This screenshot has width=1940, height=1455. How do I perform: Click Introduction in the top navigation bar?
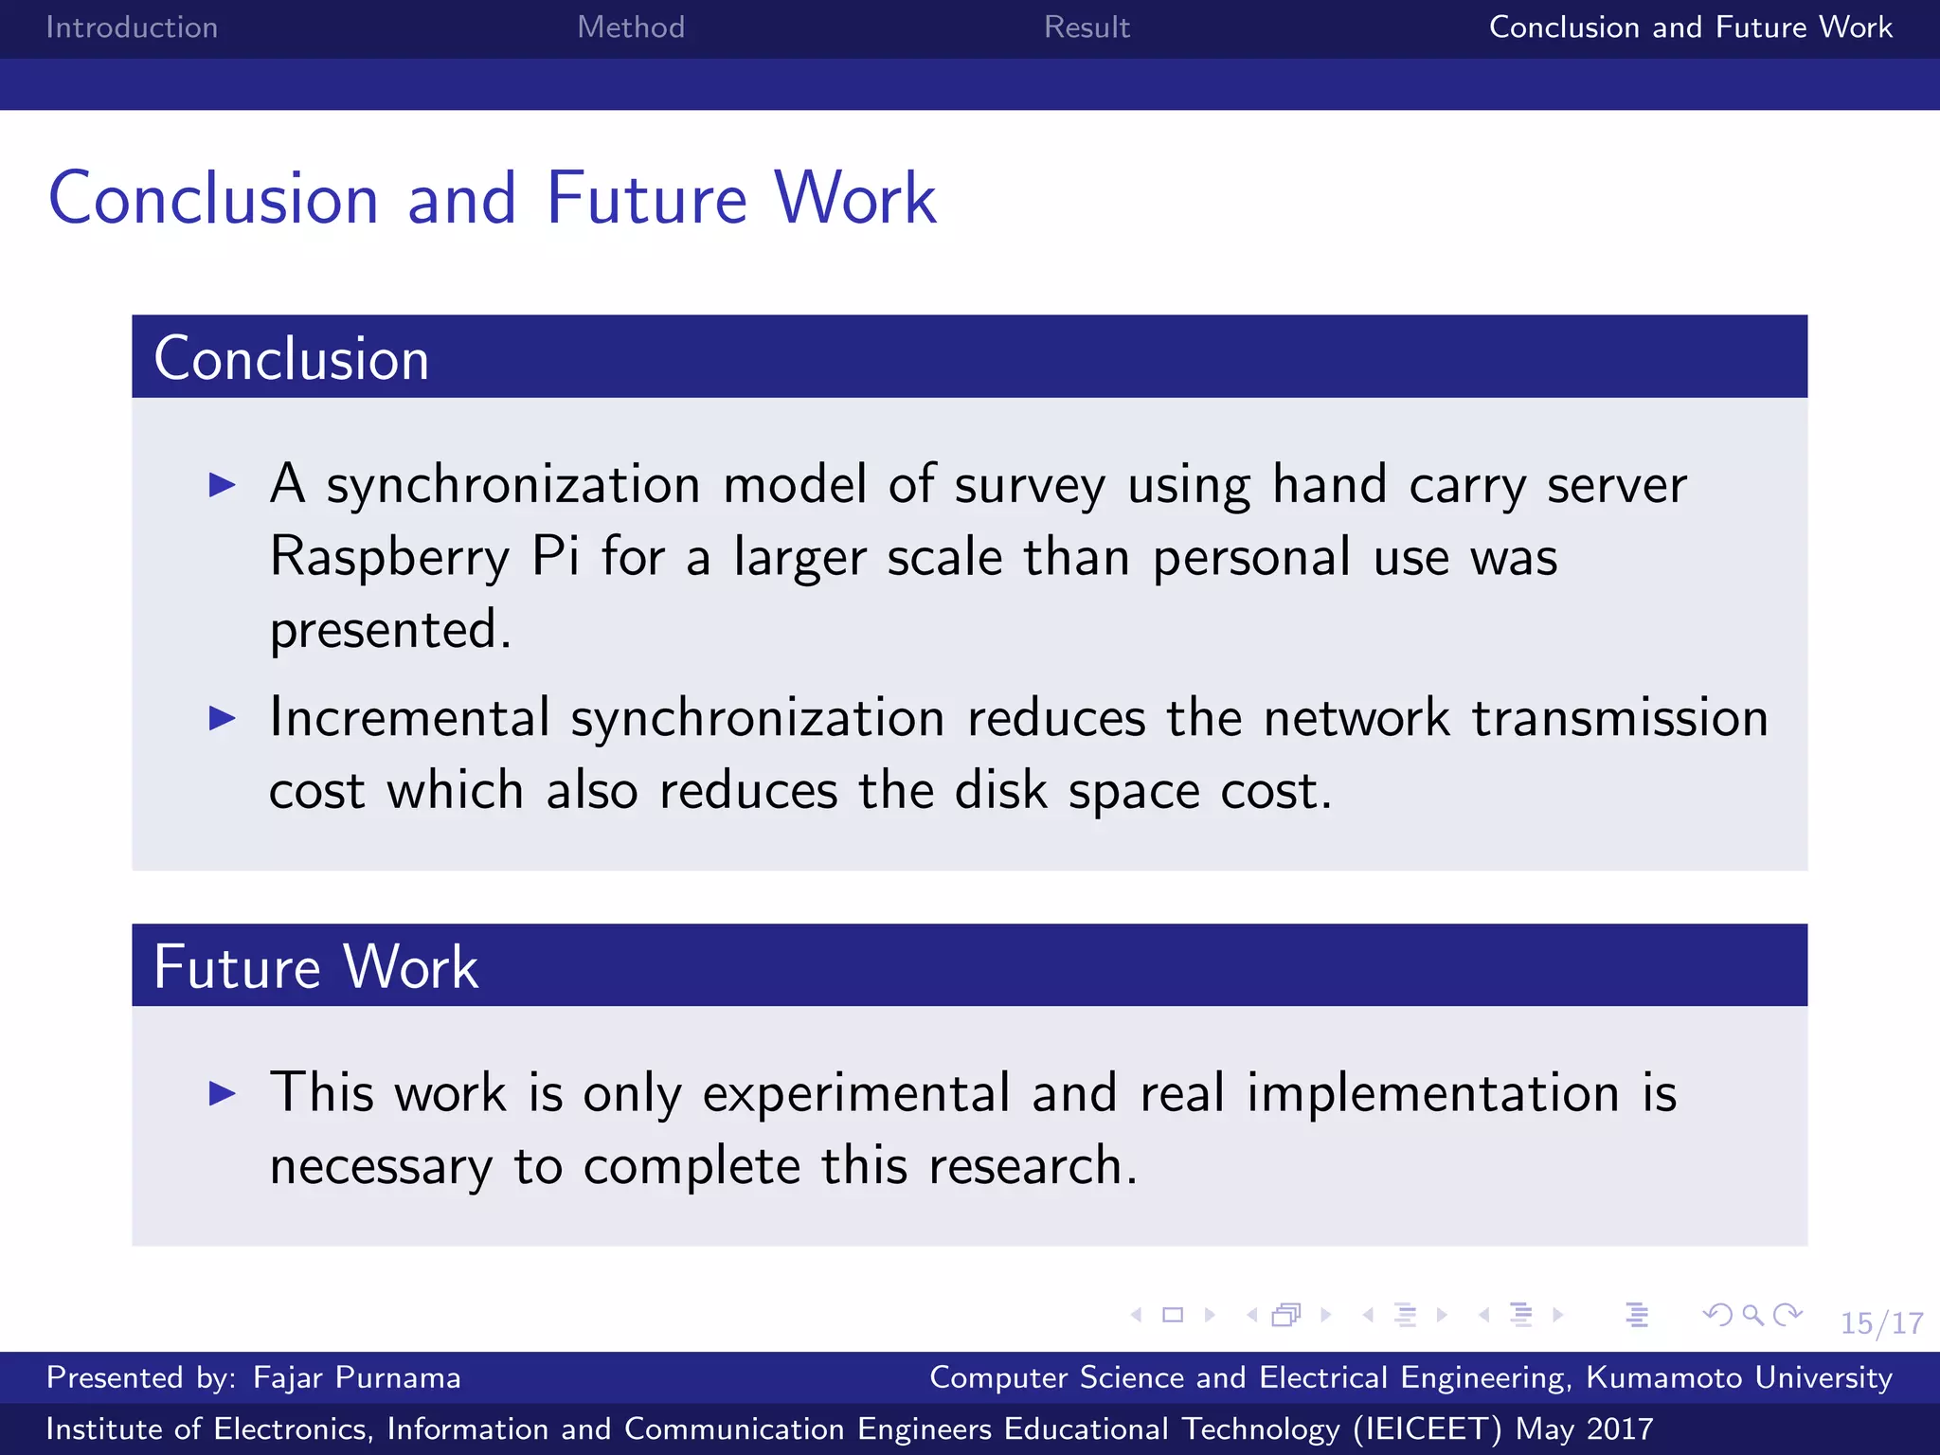click(x=132, y=27)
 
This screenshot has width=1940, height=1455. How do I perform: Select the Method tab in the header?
click(x=631, y=27)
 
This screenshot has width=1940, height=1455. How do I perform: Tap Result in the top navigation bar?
click(x=1087, y=27)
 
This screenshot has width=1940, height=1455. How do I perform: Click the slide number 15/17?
click(x=1881, y=1322)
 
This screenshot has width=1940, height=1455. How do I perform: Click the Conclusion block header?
click(x=292, y=358)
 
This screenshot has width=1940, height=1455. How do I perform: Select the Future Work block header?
click(x=315, y=966)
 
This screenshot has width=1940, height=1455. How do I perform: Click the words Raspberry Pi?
click(x=423, y=557)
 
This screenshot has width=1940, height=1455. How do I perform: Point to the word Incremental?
click(x=409, y=717)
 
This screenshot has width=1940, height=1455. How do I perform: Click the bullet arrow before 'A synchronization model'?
click(x=222, y=485)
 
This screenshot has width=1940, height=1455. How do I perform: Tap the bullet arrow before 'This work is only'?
click(x=222, y=1094)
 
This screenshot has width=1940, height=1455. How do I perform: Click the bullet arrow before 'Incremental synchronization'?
click(x=222, y=718)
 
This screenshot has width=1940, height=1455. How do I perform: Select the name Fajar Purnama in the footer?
click(x=356, y=1377)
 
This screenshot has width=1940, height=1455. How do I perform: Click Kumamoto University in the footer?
click(x=1739, y=1377)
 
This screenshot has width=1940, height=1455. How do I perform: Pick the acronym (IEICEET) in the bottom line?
click(x=1427, y=1428)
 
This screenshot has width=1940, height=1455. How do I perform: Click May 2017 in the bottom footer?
click(x=1584, y=1428)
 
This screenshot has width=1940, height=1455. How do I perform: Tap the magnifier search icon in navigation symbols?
click(x=1752, y=1315)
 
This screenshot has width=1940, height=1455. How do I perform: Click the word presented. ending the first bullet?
click(x=390, y=630)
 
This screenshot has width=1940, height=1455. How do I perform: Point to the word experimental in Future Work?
click(x=856, y=1094)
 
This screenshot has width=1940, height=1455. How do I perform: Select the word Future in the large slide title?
click(x=647, y=199)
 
